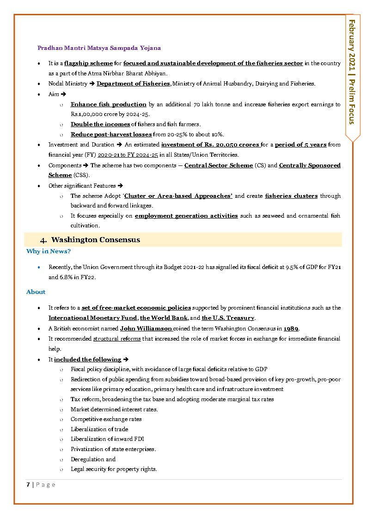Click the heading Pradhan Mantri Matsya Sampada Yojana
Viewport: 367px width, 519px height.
tap(99, 48)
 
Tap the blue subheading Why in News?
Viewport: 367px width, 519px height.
tap(49, 251)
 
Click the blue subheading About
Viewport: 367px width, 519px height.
tap(36, 292)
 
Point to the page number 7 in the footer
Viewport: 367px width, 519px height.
tap(28, 485)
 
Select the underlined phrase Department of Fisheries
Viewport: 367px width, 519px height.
tap(133, 84)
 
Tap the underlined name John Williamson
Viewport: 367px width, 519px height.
tap(146, 329)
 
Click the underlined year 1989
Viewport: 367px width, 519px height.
tap(291, 329)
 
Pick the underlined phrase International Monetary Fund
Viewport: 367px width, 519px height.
tap(92, 318)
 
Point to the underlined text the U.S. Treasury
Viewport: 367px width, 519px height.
tap(228, 318)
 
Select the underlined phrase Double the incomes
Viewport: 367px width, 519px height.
tap(100, 124)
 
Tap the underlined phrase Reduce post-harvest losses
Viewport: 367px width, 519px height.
tap(111, 134)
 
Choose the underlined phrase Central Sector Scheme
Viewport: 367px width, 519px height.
tap(218, 165)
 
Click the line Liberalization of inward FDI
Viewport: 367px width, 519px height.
tap(101, 439)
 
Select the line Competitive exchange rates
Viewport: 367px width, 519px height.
tap(106, 419)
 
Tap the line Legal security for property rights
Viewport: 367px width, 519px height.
tap(114, 469)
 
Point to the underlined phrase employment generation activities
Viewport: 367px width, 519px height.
tap(186, 216)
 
